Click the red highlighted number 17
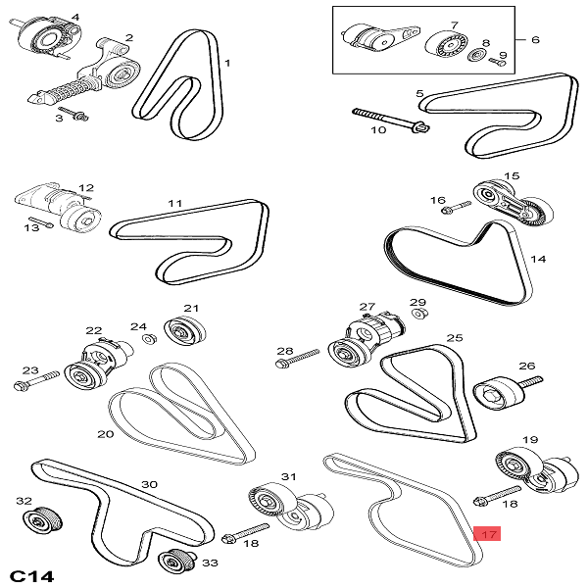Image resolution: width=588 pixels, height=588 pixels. [486, 535]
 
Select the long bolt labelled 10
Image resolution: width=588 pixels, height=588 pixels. [388, 119]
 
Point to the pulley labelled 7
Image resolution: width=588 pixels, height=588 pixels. [448, 46]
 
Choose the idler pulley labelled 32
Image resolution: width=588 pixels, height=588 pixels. [42, 518]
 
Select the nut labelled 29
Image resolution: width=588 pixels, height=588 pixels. [418, 314]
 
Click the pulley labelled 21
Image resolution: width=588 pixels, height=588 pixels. [182, 331]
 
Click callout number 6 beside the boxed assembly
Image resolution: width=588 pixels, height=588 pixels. [535, 40]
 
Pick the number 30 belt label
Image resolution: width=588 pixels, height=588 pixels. [149, 484]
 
